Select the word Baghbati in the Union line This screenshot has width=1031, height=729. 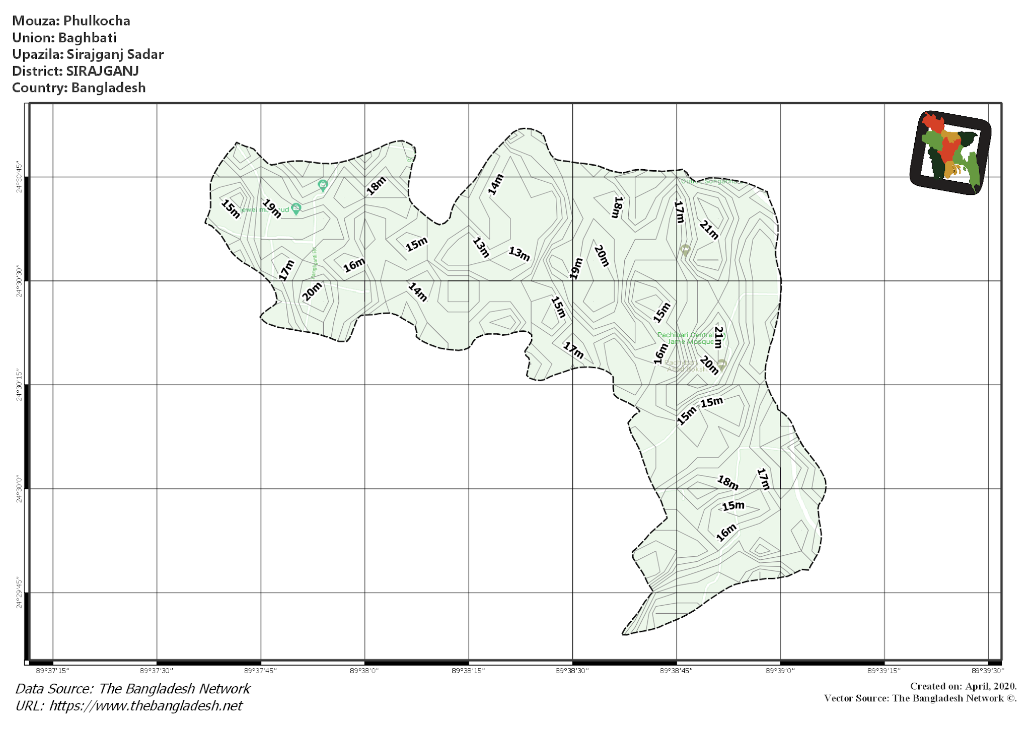pos(87,38)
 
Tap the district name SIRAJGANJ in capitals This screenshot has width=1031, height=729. pos(102,71)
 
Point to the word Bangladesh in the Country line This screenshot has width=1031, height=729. pos(108,88)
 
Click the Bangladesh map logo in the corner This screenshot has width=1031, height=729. pos(950,152)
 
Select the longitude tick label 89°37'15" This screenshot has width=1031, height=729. pos(52,671)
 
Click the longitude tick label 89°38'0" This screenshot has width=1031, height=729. pos(364,671)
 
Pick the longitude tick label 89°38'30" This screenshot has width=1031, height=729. pos(572,671)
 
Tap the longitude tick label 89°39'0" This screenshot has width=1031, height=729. pos(780,671)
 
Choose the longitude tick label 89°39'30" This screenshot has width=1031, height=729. pos(988,671)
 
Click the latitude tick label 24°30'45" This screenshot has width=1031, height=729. pos(19,177)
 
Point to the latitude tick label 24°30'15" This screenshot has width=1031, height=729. pos(19,385)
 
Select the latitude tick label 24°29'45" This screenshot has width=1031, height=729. pos(19,593)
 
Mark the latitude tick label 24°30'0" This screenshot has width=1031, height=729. pos(19,488)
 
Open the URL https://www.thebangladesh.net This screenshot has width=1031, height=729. pos(145,706)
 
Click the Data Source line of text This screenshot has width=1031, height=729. pos(132,689)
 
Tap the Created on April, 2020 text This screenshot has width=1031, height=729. pos(963,686)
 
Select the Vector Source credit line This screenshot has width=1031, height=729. pos(920,698)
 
